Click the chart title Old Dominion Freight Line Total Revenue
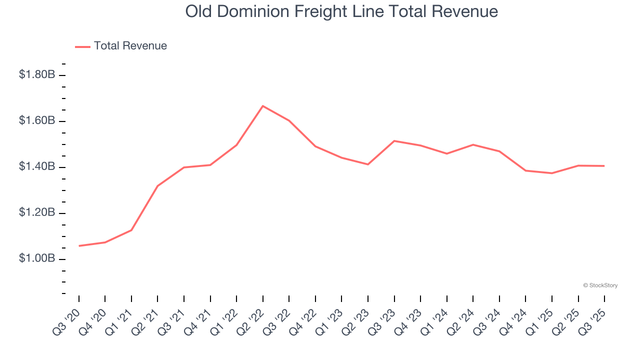click(x=341, y=11)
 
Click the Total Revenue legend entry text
click(x=130, y=46)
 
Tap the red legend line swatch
click(x=82, y=46)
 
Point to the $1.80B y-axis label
click(x=37, y=74)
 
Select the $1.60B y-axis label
click(x=37, y=120)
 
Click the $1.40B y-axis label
click(x=37, y=166)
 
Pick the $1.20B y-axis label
click(x=37, y=212)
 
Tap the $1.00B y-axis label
click(x=37, y=258)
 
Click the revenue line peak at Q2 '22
click(x=263, y=106)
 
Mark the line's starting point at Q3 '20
click(x=79, y=246)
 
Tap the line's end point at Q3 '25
click(x=604, y=166)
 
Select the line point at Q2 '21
click(x=157, y=186)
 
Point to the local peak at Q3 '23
click(x=394, y=141)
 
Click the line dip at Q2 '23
click(x=368, y=164)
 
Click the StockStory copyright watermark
click(x=600, y=285)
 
